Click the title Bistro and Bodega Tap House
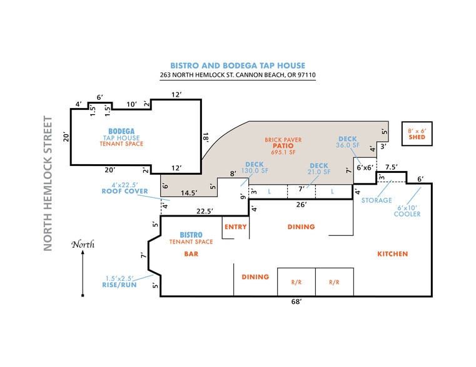coord(238,65)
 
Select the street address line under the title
coord(238,75)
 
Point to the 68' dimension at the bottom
coord(296,302)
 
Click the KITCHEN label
coord(392,254)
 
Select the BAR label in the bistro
coord(191,254)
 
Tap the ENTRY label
coord(235,227)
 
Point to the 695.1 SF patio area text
coord(283,152)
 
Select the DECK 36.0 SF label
coord(348,142)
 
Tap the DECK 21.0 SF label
coord(319,169)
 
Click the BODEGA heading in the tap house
coord(121,131)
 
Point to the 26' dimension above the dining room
coord(300,204)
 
